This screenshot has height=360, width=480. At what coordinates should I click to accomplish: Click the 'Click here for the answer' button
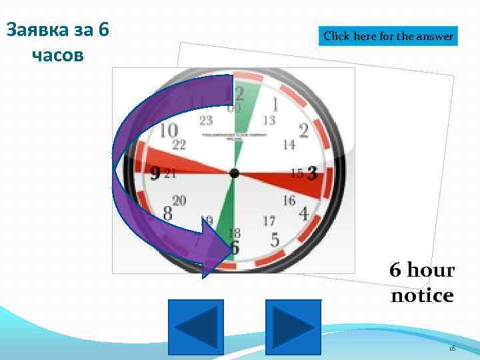389,36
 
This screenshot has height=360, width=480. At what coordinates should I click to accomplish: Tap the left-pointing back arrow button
195,327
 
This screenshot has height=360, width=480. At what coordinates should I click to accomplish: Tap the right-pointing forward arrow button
293,327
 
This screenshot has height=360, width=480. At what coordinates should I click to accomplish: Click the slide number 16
451,348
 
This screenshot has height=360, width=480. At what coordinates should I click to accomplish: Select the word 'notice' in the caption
422,295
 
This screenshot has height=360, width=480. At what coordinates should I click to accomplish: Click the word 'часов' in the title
57,54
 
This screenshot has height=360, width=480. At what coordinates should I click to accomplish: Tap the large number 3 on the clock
311,174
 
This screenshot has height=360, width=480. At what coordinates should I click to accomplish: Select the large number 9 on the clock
155,174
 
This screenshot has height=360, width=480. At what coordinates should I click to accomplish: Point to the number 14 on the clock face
289,144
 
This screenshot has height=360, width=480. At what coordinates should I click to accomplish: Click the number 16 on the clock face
289,200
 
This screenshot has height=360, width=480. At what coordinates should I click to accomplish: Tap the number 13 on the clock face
269,121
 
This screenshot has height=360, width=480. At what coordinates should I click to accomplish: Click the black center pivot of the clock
234,173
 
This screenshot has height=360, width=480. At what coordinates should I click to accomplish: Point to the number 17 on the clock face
269,220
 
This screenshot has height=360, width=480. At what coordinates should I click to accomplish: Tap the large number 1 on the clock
275,104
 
